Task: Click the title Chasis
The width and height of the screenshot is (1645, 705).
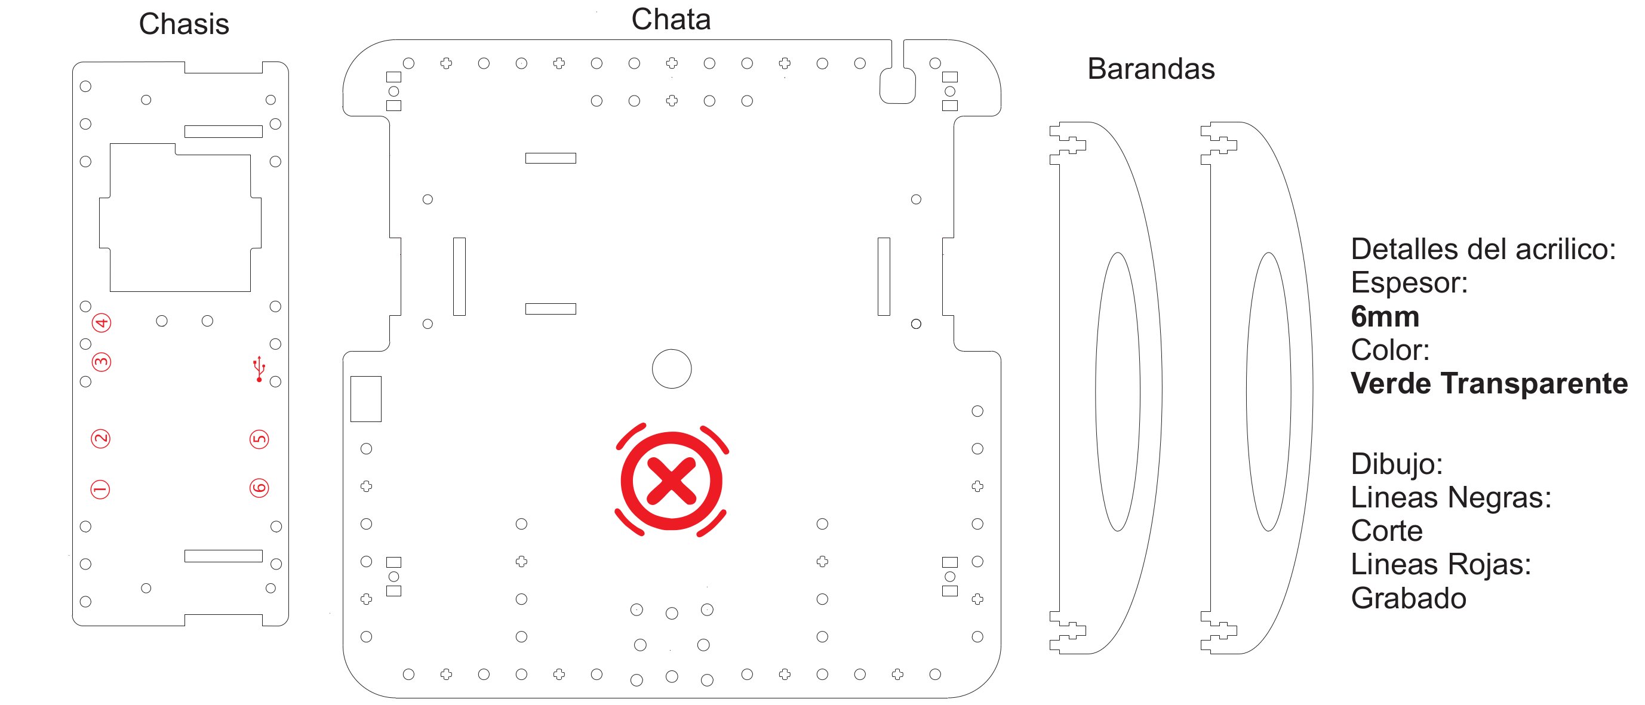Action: tap(184, 24)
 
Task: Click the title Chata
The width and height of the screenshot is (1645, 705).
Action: tap(671, 19)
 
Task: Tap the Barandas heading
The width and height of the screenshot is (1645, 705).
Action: tap(1151, 69)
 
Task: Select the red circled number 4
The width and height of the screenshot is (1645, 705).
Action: tap(102, 322)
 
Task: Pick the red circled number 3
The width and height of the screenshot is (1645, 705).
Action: tap(101, 362)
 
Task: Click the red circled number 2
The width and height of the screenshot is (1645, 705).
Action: tap(101, 439)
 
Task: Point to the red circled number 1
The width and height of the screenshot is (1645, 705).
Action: tap(100, 490)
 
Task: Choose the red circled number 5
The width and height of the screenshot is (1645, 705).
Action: tap(259, 439)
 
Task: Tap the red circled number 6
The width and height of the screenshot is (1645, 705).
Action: tap(259, 488)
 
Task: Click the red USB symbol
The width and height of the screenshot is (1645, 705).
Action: tap(259, 369)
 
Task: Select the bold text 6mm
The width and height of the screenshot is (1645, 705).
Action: tap(1385, 317)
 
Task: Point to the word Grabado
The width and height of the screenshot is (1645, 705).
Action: tap(1408, 598)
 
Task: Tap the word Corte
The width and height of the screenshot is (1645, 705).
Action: tap(1386, 531)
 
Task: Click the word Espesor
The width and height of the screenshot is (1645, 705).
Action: tap(1409, 283)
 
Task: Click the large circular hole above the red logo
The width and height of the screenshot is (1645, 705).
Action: tap(671, 368)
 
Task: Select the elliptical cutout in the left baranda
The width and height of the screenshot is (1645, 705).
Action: tap(1118, 392)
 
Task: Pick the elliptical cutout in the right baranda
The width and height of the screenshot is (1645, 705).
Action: tap(1268, 392)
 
